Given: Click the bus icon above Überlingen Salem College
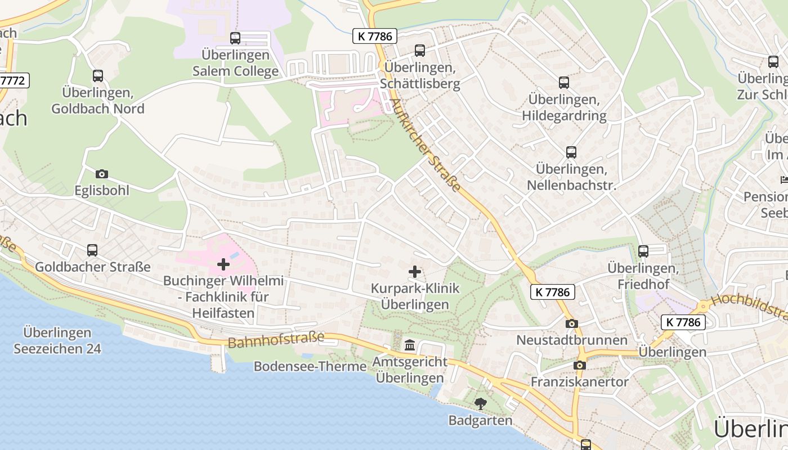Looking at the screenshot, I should (235, 38).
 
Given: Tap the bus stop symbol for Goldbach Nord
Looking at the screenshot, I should (98, 75).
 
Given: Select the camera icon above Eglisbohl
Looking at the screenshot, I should (102, 174).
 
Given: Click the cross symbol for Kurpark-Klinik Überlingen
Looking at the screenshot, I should (415, 272).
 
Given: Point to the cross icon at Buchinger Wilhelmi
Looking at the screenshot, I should (223, 264).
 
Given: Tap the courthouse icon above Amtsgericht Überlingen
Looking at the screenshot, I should (410, 345).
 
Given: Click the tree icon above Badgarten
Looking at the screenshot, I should (480, 403).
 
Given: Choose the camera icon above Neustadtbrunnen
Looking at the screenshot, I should (571, 323).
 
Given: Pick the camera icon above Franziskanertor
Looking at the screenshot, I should (579, 365).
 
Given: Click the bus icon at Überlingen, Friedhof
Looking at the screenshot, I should (643, 251).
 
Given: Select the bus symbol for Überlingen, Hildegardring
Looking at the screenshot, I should (564, 83).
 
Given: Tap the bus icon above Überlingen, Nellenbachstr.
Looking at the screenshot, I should (571, 152).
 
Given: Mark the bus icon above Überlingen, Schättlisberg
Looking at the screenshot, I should (420, 51).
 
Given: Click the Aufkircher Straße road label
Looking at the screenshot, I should (426, 145).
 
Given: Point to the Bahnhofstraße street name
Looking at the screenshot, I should (276, 340).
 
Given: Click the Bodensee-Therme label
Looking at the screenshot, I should (310, 367).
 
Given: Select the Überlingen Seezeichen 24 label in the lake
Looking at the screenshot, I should (57, 340).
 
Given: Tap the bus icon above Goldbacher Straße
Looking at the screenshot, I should (92, 250).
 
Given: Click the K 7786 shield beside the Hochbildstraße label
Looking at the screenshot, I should (683, 322).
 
